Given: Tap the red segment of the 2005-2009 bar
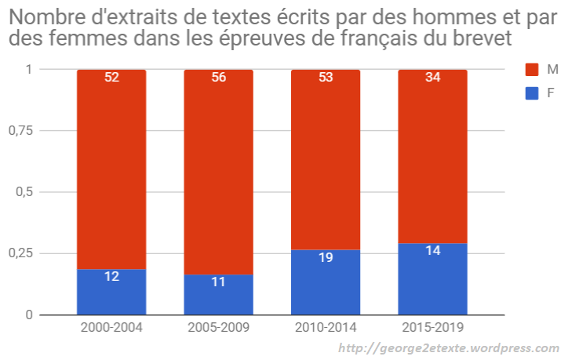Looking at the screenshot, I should [218, 173].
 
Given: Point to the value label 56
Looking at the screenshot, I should [218, 78].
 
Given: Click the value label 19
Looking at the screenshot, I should [326, 257].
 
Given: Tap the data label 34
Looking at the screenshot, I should [432, 78].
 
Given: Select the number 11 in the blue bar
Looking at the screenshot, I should [218, 282].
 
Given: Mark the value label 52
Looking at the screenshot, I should [111, 78].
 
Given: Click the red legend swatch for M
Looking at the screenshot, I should [531, 70].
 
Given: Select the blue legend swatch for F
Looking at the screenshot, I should [531, 93].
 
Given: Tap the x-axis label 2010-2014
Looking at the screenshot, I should [326, 327].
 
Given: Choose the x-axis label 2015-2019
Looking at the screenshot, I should [432, 327].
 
